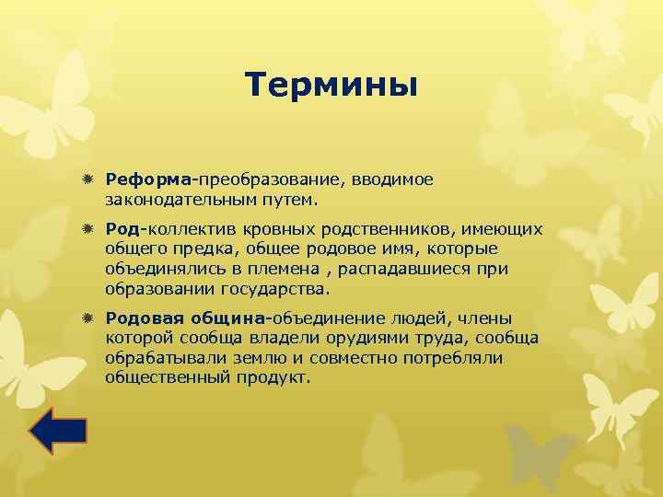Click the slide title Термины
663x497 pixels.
point(331,85)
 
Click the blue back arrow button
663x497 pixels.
point(58,431)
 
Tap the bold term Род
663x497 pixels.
point(121,228)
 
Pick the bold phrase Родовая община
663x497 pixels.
point(185,318)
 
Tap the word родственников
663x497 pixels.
point(401,228)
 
